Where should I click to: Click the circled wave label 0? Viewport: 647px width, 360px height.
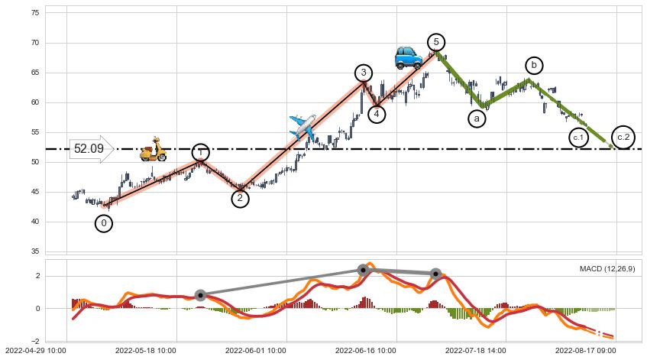coord(104,223)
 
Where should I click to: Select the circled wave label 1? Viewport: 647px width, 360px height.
coord(200,153)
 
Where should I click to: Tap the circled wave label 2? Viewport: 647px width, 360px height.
coord(240,199)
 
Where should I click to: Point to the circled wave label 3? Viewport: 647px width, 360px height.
coord(364,73)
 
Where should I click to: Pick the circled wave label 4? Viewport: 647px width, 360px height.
coord(377,114)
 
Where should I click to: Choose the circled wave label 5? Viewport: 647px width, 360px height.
coord(435,42)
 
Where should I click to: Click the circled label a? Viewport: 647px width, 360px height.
coord(477,118)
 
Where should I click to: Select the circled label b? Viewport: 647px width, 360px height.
coord(534,66)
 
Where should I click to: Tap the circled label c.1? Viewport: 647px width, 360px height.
coord(578,138)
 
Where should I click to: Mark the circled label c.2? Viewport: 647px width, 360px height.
coord(623,137)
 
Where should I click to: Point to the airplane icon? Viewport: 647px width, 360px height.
coord(302,126)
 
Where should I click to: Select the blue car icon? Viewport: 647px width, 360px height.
coord(408,57)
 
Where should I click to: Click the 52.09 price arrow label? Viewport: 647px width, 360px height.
coord(90,149)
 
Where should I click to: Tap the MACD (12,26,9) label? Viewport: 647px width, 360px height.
coord(607,269)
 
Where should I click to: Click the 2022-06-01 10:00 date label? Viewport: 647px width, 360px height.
coord(255,350)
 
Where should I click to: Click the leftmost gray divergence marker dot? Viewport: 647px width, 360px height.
coord(200,295)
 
